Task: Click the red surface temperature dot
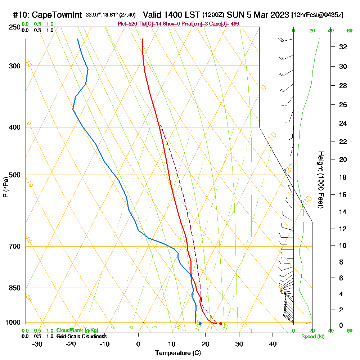[221, 324]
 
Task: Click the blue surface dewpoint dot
[200, 324]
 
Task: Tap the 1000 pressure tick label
[13, 323]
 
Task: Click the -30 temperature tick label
[37, 344]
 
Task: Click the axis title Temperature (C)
[178, 353]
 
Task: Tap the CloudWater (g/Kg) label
[77, 330]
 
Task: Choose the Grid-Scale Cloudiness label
[81, 336]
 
